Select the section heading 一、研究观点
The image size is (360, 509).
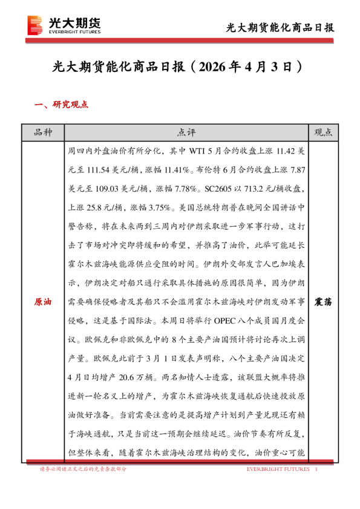point(62,105)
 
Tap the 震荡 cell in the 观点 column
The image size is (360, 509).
point(326,301)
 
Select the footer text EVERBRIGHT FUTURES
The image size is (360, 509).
point(278,469)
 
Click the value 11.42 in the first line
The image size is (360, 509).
point(285,149)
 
